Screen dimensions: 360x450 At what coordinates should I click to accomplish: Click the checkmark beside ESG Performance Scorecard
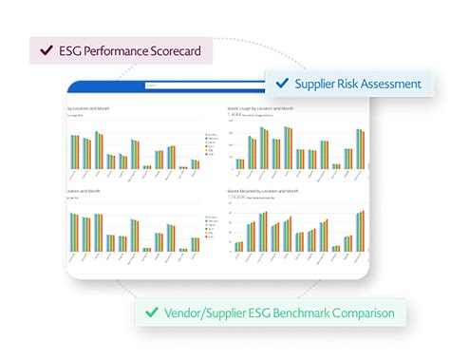tap(44, 50)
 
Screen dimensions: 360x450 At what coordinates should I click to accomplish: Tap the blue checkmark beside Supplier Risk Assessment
tap(281, 84)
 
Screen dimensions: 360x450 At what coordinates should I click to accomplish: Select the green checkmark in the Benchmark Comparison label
tap(150, 312)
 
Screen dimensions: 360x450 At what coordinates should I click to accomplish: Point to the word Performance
tap(113, 50)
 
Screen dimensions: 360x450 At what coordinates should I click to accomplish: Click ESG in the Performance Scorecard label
tap(68, 50)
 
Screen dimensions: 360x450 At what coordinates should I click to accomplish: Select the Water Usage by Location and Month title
tap(262, 110)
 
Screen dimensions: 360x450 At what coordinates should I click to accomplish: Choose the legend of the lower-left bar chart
tap(211, 228)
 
